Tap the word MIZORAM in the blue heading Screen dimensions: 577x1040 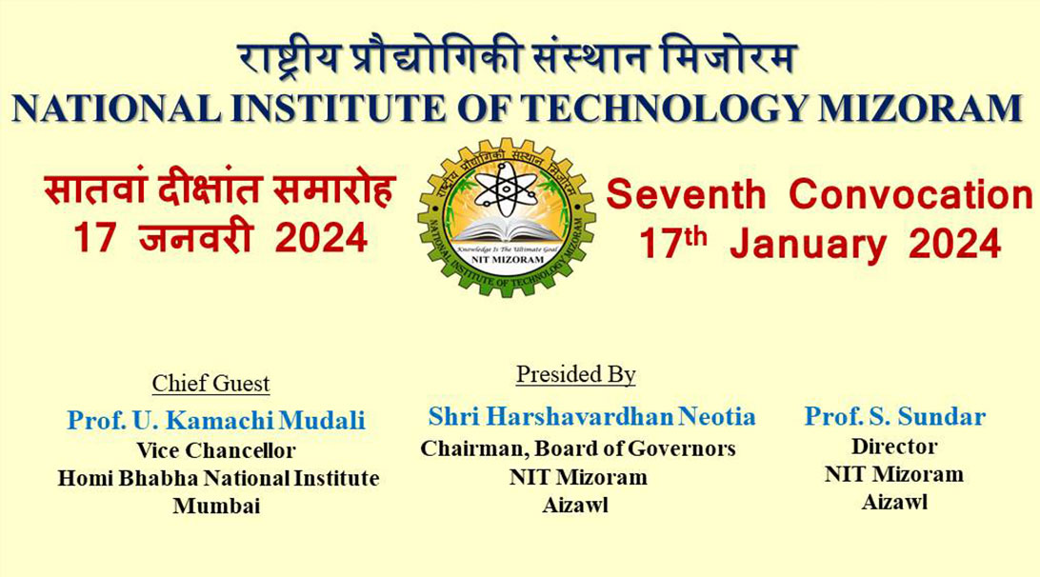point(918,108)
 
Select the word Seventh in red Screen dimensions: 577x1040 point(686,195)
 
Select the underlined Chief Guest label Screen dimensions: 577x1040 point(210,384)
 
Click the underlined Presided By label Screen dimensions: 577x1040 point(575,375)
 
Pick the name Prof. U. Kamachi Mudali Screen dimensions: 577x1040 point(216,420)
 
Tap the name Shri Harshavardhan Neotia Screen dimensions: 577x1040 point(591,416)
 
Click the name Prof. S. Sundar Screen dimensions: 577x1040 point(894,416)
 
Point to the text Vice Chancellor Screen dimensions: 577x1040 point(216,450)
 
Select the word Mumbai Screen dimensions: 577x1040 point(216,507)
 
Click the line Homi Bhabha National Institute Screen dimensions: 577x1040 point(218,478)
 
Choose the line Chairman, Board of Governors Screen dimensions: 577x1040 point(578,448)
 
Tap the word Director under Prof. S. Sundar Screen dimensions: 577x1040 point(894,446)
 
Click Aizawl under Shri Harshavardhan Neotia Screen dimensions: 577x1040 point(575,506)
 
